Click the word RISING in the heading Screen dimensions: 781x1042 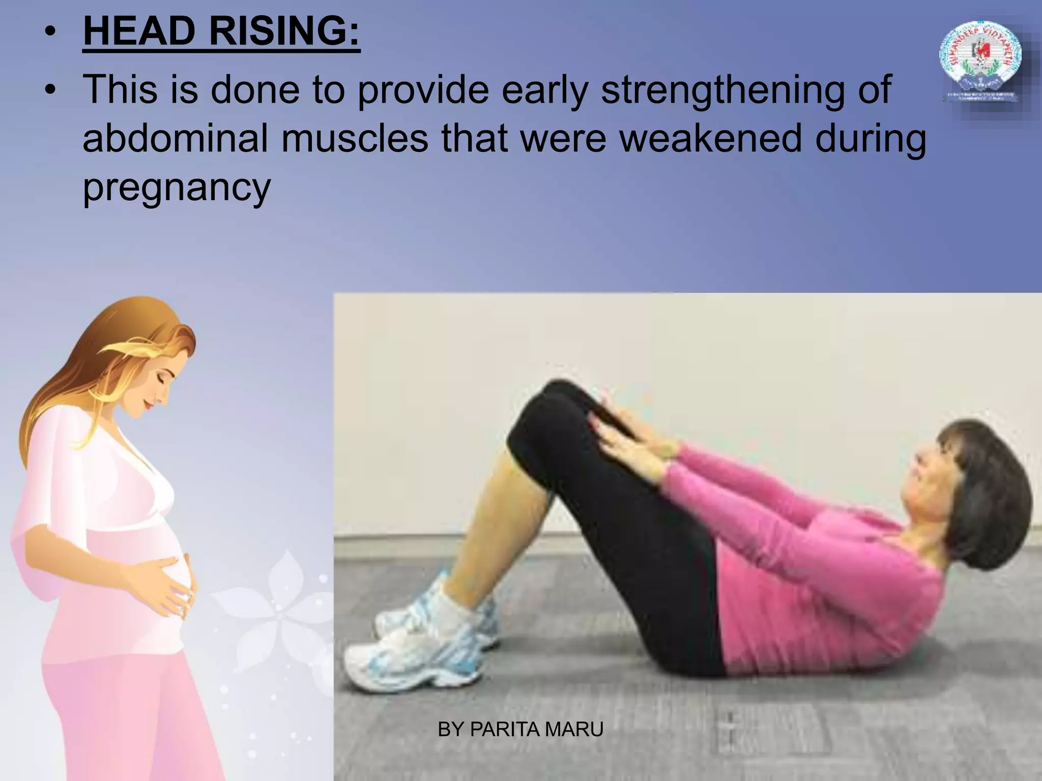284,32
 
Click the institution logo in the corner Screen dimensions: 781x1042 979,64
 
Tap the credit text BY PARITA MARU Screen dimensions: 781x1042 520,730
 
